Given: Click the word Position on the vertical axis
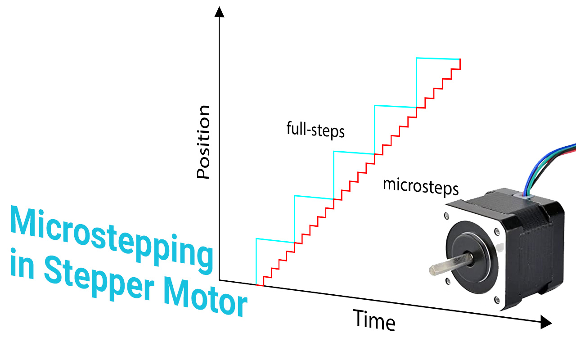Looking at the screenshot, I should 204,142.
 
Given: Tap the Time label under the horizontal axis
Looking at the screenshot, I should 374,320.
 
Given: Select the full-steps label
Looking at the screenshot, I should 315,130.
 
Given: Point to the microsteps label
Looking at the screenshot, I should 421,186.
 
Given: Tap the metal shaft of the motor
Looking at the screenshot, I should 445,265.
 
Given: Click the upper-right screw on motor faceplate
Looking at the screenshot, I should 497,232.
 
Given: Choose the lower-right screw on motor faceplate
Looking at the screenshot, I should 497,299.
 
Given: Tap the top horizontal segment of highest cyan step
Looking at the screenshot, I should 438,58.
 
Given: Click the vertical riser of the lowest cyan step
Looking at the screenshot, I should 256,261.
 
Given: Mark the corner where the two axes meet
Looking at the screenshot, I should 219,279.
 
